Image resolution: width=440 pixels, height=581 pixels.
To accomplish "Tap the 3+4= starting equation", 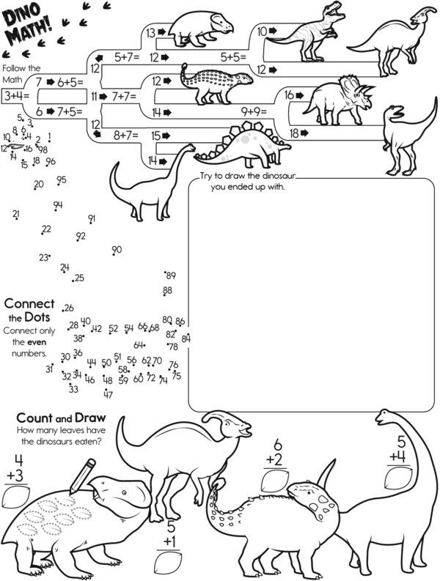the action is tap(17, 97).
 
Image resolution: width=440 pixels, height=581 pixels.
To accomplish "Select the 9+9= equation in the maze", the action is tap(254, 111).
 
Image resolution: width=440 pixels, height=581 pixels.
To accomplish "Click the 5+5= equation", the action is tap(233, 57).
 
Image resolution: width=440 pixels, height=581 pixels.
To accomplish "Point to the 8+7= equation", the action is tap(126, 136).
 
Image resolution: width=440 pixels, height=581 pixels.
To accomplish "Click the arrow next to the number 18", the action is tap(304, 133).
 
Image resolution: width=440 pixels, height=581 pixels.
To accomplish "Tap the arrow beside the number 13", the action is tap(161, 32).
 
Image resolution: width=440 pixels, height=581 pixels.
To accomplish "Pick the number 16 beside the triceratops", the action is tap(289, 95).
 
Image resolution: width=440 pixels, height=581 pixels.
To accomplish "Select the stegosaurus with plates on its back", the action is tap(243, 144).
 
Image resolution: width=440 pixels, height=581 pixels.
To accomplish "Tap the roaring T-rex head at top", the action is tap(331, 12).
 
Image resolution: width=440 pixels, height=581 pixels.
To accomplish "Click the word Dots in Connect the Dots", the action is tap(37, 317).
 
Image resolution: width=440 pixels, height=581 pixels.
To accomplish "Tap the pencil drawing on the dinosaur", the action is tap(82, 476).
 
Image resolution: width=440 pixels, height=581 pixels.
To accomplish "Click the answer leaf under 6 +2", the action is tap(274, 481).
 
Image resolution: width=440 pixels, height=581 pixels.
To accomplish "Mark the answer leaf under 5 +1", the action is tap(169, 563).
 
